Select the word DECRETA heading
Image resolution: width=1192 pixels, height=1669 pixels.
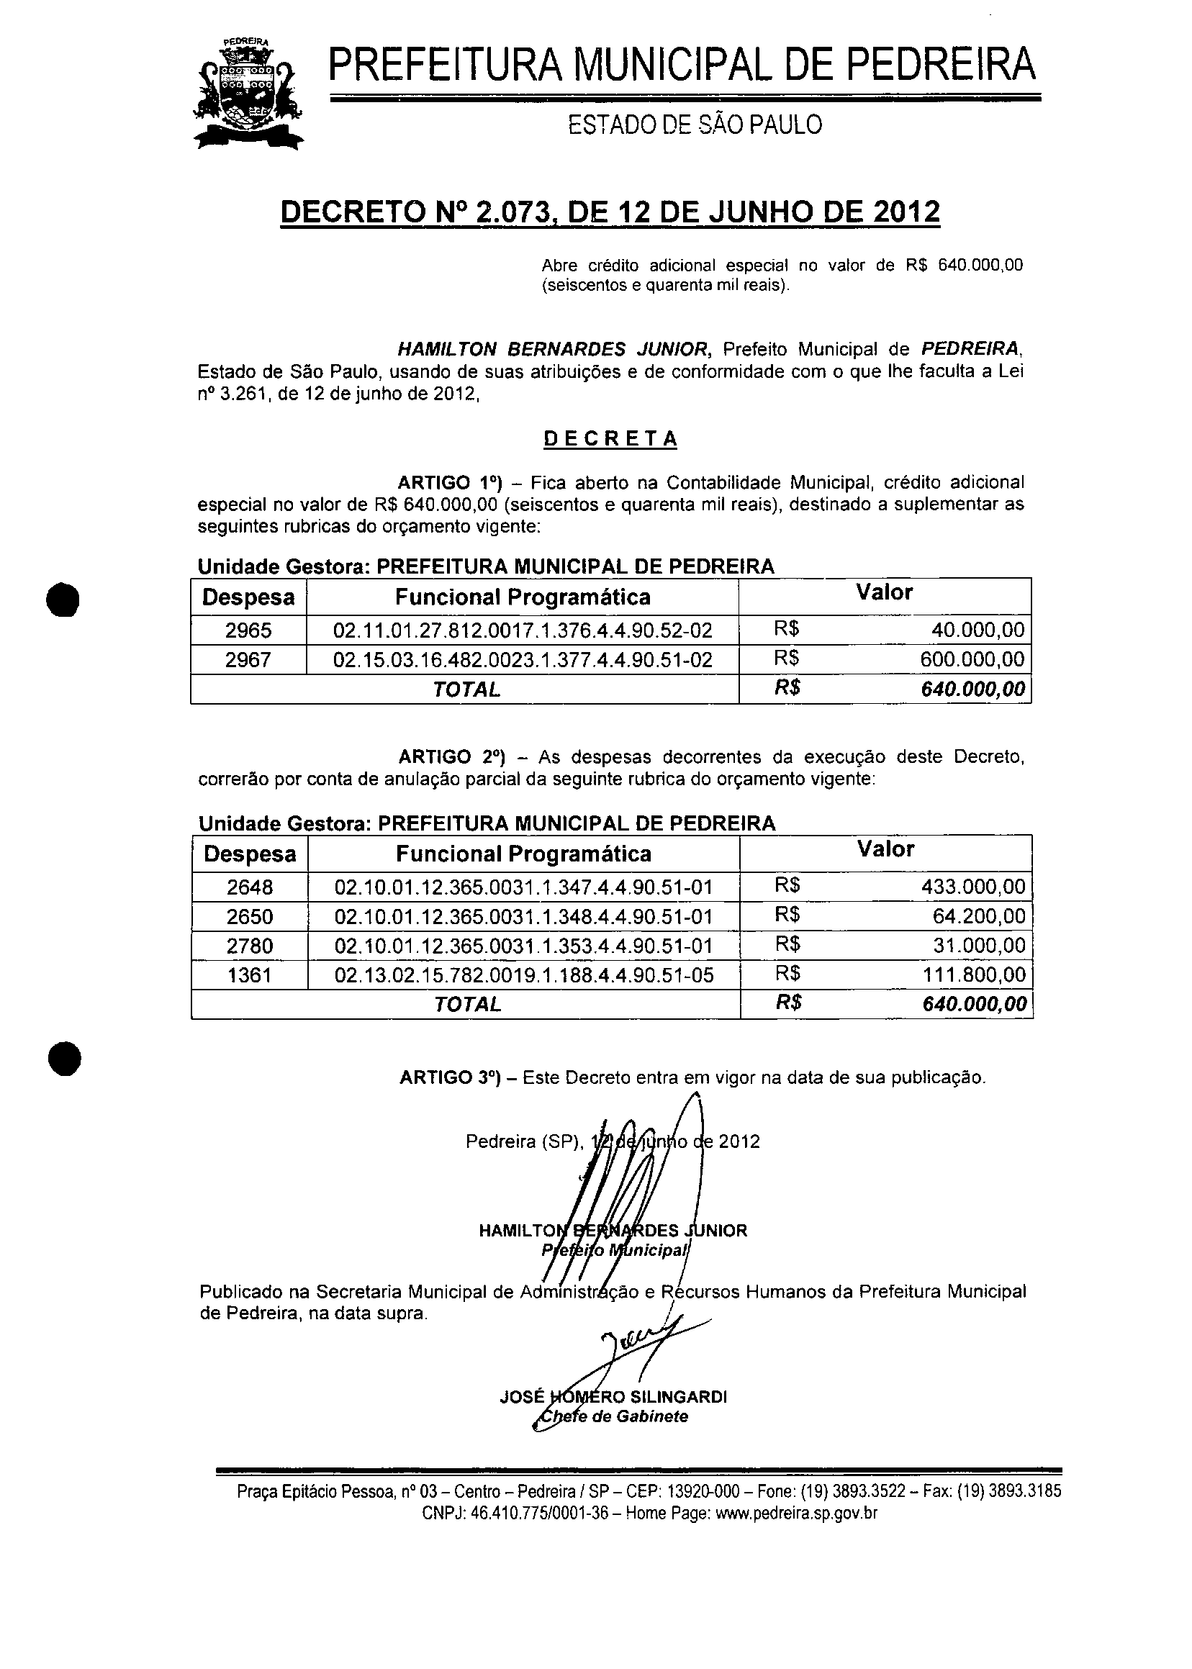click(x=610, y=439)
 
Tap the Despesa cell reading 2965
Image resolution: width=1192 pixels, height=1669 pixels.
click(x=248, y=630)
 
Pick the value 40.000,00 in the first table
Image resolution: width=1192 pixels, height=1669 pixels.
click(x=977, y=630)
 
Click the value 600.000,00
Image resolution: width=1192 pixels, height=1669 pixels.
click(x=972, y=659)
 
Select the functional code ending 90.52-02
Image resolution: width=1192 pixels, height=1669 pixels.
click(x=523, y=630)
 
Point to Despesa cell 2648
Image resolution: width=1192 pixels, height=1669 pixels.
click(x=250, y=887)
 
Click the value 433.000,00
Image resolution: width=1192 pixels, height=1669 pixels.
click(x=972, y=887)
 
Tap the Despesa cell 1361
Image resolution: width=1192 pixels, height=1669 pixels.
click(x=250, y=975)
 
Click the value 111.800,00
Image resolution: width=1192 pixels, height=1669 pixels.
click(x=972, y=975)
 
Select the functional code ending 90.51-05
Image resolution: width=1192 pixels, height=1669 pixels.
click(x=523, y=975)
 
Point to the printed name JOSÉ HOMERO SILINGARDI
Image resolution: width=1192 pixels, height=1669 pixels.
click(x=613, y=1397)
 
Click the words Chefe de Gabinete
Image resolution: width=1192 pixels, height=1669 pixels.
click(x=613, y=1416)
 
